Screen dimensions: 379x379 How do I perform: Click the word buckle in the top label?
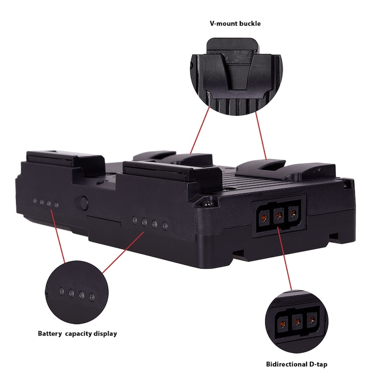250,23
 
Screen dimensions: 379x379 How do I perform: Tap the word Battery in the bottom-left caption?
50,334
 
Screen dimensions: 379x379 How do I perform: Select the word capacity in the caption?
79,334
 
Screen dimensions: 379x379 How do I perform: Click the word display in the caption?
105,334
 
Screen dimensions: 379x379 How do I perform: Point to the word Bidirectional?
286,364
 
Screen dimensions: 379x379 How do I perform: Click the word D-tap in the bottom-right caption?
317,364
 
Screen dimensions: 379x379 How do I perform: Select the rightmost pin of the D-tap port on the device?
293,213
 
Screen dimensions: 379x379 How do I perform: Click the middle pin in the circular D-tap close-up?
298,321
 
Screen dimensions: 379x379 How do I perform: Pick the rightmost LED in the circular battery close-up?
91,297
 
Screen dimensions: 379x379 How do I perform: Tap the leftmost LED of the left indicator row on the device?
35,200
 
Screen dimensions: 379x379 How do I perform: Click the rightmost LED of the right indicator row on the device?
165,226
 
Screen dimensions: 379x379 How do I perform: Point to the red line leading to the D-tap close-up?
285,259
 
